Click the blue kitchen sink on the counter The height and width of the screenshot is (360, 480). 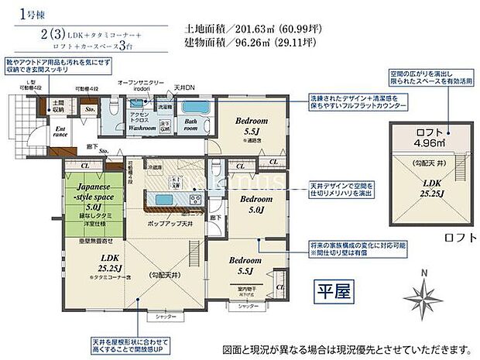pos(165,201)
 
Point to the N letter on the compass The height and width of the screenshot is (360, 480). pos(421,271)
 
